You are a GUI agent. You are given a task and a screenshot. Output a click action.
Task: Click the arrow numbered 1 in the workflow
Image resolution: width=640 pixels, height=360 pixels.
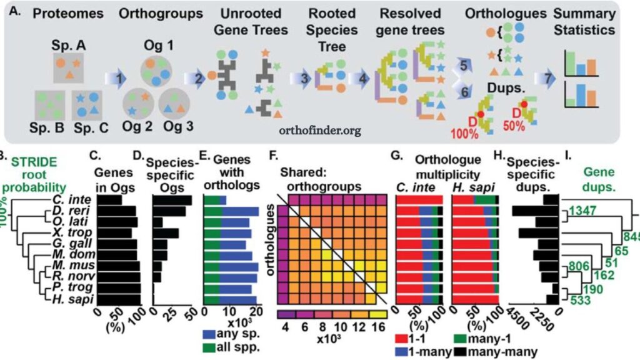pyautogui.click(x=116, y=78)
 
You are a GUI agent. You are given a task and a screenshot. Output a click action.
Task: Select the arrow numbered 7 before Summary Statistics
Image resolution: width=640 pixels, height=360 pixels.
pyautogui.click(x=545, y=78)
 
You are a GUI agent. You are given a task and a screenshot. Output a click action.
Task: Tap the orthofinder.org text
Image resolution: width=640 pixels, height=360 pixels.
pyautogui.click(x=320, y=131)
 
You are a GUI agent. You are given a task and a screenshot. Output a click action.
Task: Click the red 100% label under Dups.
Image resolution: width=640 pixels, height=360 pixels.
pyautogui.click(x=464, y=134)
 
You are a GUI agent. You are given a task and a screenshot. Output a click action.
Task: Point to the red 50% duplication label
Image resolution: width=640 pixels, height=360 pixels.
pyautogui.click(x=514, y=126)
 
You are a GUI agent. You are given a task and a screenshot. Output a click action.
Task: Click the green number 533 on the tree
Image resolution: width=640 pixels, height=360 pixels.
pyautogui.click(x=580, y=301)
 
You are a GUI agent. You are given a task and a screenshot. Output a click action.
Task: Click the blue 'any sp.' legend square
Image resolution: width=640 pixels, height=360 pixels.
pyautogui.click(x=209, y=334)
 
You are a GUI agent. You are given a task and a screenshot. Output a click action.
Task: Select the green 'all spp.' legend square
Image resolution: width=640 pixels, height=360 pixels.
pyautogui.click(x=209, y=347)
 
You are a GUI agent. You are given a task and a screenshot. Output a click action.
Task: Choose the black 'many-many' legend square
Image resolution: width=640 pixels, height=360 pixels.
pyautogui.click(x=460, y=351)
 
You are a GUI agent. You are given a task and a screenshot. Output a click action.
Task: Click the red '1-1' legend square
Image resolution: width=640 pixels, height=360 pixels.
pyautogui.click(x=401, y=338)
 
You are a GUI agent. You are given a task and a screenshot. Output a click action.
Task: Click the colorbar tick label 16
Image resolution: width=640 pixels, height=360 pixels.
pyautogui.click(x=378, y=327)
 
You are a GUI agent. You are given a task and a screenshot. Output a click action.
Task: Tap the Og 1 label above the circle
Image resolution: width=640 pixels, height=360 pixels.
pyautogui.click(x=158, y=45)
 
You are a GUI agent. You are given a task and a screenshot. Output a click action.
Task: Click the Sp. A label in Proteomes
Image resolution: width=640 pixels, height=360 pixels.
pyautogui.click(x=69, y=45)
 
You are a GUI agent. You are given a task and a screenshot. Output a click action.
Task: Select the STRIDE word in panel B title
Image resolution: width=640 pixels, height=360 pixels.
pyautogui.click(x=34, y=162)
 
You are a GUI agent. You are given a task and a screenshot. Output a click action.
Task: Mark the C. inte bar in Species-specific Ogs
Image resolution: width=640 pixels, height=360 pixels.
pyautogui.click(x=172, y=201)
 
